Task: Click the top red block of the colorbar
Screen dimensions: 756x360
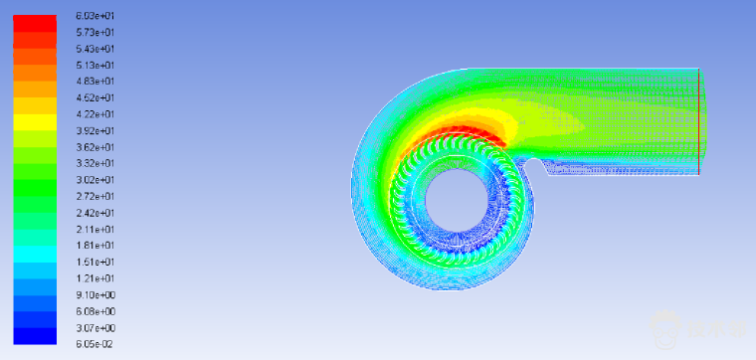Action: point(35,24)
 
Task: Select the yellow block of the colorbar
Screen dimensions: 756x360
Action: point(35,122)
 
